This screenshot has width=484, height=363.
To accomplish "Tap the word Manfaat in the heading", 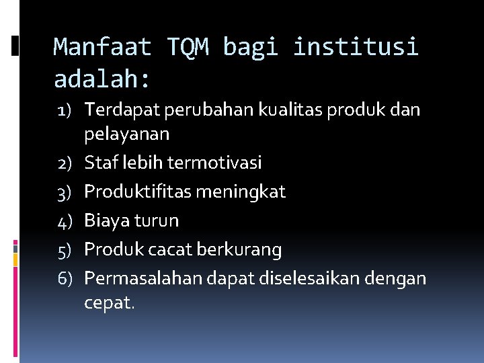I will pyautogui.click(x=102, y=47).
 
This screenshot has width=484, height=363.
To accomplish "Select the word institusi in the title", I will pyautogui.click(x=356, y=47).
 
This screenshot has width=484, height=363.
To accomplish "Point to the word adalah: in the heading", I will pyautogui.click(x=102, y=79).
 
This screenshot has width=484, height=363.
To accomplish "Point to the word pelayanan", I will pyautogui.click(x=127, y=134).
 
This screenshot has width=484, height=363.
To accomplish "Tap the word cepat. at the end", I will pyautogui.click(x=109, y=303).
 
